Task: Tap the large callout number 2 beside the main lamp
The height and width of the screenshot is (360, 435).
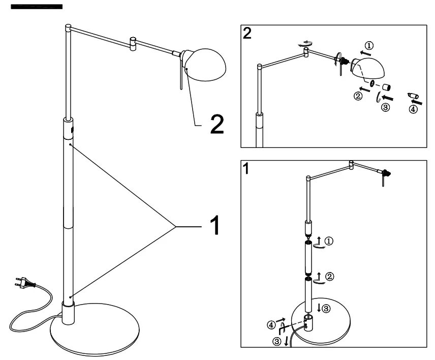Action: click(216, 125)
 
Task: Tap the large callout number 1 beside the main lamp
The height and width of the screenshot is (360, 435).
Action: click(215, 225)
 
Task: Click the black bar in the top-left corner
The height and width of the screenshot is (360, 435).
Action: click(36, 7)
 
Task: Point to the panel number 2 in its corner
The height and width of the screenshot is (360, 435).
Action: click(247, 34)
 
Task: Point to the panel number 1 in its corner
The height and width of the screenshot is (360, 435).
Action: click(246, 169)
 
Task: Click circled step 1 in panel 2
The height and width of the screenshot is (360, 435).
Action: click(369, 46)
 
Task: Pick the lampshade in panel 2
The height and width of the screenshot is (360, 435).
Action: click(368, 67)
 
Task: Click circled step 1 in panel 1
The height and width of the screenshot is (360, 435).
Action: click(329, 241)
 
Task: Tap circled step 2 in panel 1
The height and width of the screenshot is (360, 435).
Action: click(329, 277)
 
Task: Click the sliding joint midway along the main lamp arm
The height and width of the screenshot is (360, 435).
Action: click(133, 43)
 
